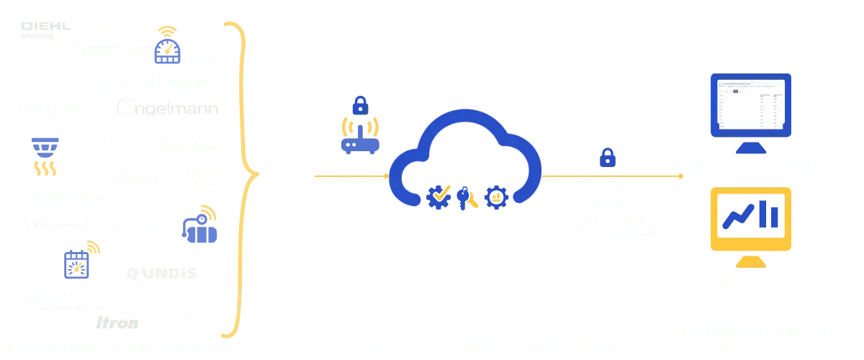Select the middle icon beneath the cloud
pos(466,197)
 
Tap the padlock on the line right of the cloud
pos(608,156)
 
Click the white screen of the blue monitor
pos(750,104)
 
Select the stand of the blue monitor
pos(750,148)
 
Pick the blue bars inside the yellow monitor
pos(770,212)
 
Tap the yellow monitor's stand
pos(750,261)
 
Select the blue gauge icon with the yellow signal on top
pos(168,51)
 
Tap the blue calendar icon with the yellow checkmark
pos(77,266)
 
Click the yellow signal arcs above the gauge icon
pos(167,31)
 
